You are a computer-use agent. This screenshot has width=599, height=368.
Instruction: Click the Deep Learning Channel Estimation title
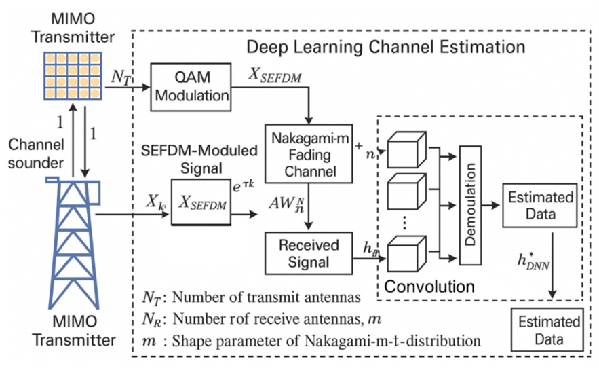pos(385,48)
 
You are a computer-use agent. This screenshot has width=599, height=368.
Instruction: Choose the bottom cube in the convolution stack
pos(406,255)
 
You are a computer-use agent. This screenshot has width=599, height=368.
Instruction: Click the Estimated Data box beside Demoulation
pos(540,206)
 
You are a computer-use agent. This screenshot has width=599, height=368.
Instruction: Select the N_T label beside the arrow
pos(122,77)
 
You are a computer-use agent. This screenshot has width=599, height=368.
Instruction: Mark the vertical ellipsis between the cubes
pos(404,221)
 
